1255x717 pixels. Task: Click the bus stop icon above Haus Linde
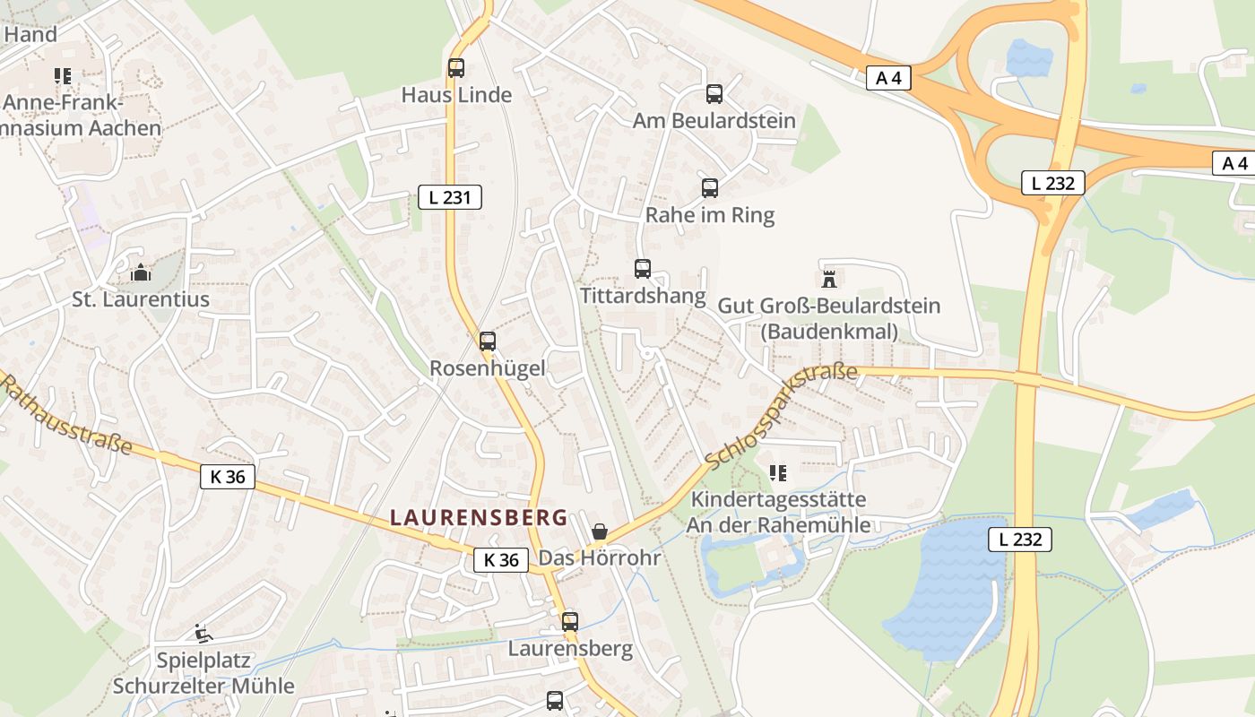[x=456, y=68]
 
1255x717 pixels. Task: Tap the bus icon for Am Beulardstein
[x=714, y=94]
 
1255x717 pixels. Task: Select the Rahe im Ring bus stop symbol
[x=710, y=188]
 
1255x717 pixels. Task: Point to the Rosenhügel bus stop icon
[x=487, y=341]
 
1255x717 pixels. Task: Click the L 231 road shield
[x=450, y=197]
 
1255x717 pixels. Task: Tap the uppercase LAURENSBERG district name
[x=480, y=517]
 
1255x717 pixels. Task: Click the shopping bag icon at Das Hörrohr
[x=599, y=532]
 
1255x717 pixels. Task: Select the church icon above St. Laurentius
[x=141, y=272]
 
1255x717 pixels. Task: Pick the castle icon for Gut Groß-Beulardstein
[x=829, y=279]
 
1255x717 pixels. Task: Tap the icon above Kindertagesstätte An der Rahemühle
[x=778, y=472]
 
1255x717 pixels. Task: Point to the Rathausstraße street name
[x=65, y=414]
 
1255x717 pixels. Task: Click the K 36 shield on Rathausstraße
[x=228, y=477]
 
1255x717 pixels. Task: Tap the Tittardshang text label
[x=643, y=296]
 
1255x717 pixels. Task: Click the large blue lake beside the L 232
[x=950, y=583]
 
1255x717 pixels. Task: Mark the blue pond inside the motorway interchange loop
[x=1028, y=57]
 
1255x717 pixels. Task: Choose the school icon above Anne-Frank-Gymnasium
[x=62, y=76]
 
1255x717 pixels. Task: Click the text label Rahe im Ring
[x=710, y=216]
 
